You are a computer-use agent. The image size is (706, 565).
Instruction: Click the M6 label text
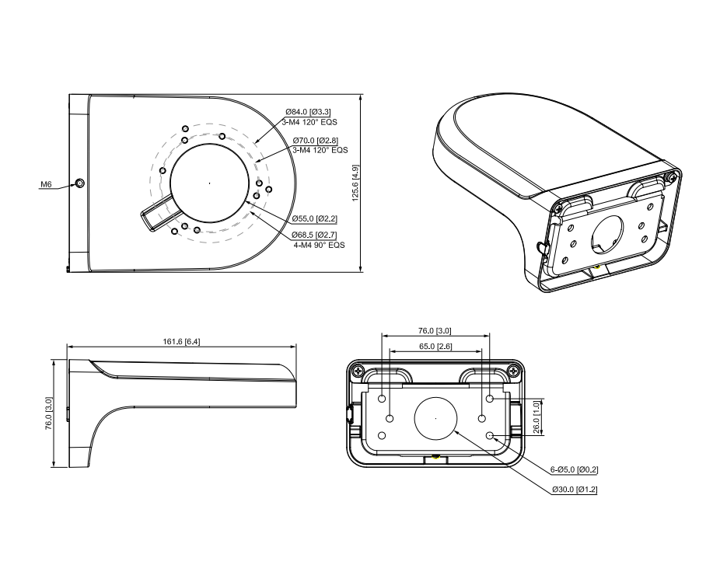[46, 185]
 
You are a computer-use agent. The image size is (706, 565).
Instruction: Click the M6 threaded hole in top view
[79, 183]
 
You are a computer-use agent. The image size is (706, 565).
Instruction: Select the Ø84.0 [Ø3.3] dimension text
[308, 113]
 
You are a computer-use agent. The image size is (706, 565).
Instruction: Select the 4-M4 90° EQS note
[319, 244]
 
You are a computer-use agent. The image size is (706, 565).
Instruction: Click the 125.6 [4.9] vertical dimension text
[355, 183]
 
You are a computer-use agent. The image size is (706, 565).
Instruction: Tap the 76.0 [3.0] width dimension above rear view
[435, 331]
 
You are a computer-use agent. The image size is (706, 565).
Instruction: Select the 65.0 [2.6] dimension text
[435, 346]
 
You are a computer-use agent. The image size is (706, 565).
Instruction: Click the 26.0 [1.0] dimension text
[536, 417]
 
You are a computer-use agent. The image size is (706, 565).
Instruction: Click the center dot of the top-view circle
[209, 183]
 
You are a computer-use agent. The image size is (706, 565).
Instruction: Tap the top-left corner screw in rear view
[358, 371]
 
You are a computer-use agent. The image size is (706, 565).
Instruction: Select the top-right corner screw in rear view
[514, 371]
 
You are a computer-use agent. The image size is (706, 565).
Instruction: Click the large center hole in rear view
[436, 418]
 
